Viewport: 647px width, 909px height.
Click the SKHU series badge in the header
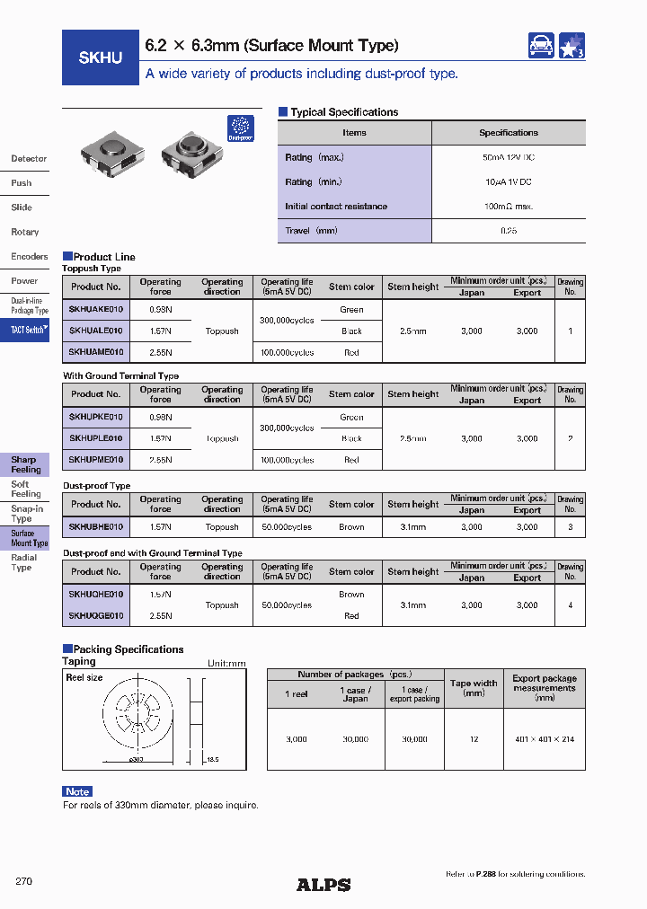click(101, 57)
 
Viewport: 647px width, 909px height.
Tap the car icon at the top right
click(541, 46)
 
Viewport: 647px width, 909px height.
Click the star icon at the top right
click(572, 46)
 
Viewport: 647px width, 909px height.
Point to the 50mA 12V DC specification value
click(508, 157)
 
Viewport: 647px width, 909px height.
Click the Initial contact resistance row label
click(336, 207)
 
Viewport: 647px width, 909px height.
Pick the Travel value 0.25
click(508, 231)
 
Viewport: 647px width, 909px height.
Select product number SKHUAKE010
click(96, 310)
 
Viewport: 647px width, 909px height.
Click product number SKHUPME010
click(96, 460)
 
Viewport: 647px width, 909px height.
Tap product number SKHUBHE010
click(96, 527)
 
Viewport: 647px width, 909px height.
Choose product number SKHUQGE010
click(96, 616)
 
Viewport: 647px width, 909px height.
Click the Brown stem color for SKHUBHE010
click(351, 527)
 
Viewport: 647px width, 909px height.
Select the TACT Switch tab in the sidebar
click(28, 330)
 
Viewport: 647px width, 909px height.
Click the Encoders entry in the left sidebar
click(29, 257)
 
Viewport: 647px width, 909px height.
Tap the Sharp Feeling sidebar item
click(25, 464)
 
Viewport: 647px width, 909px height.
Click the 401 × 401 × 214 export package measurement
click(544, 739)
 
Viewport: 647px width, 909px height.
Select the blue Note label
click(77, 791)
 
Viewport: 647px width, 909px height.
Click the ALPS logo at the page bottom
click(323, 885)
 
